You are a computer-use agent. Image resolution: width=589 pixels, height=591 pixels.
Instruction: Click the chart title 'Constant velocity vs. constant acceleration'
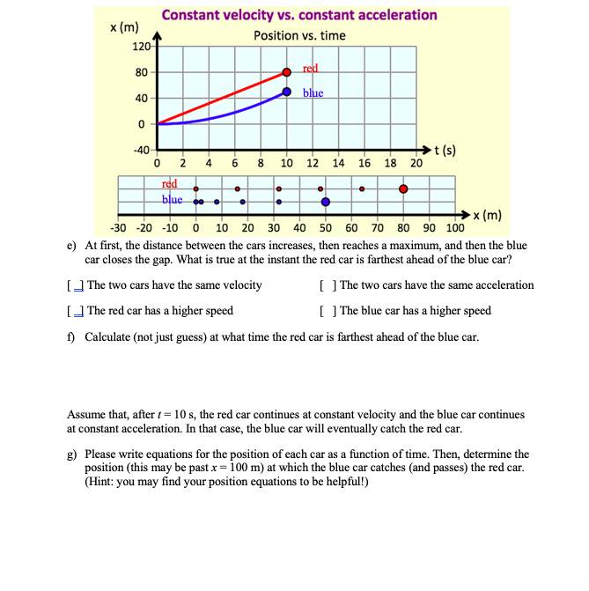299,15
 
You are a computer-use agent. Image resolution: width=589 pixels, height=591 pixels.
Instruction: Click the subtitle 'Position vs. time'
299,36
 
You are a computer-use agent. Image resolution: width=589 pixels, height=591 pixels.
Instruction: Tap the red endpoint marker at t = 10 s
287,71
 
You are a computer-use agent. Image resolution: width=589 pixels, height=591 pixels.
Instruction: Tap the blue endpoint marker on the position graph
287,92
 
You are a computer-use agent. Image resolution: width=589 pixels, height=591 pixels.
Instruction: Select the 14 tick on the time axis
339,164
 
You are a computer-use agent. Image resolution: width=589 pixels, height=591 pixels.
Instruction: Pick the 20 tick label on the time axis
416,164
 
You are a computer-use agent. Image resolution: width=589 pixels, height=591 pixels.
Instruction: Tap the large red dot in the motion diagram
403,188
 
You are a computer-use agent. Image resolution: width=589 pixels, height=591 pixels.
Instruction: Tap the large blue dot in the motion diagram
326,202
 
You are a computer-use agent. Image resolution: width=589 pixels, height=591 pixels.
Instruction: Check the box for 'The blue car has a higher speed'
328,311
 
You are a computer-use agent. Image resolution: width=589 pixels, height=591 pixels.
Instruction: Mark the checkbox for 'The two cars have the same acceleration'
328,285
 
